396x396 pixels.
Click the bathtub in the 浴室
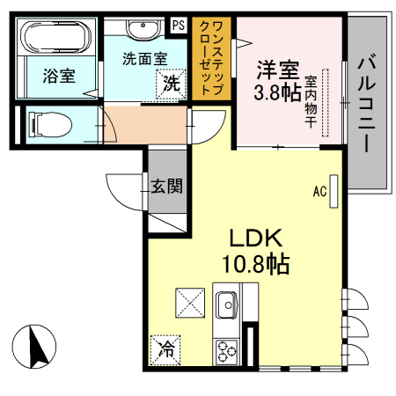tap(55, 39)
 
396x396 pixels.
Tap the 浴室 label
tap(59, 76)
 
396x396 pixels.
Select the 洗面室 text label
tap(144, 59)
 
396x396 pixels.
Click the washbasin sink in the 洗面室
tap(142, 30)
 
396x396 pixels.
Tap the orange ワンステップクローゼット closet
tap(212, 57)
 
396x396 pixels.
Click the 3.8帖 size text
tap(277, 92)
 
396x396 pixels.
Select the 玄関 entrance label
tap(166, 186)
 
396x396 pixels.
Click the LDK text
tap(255, 238)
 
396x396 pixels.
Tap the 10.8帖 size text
tap(255, 262)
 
